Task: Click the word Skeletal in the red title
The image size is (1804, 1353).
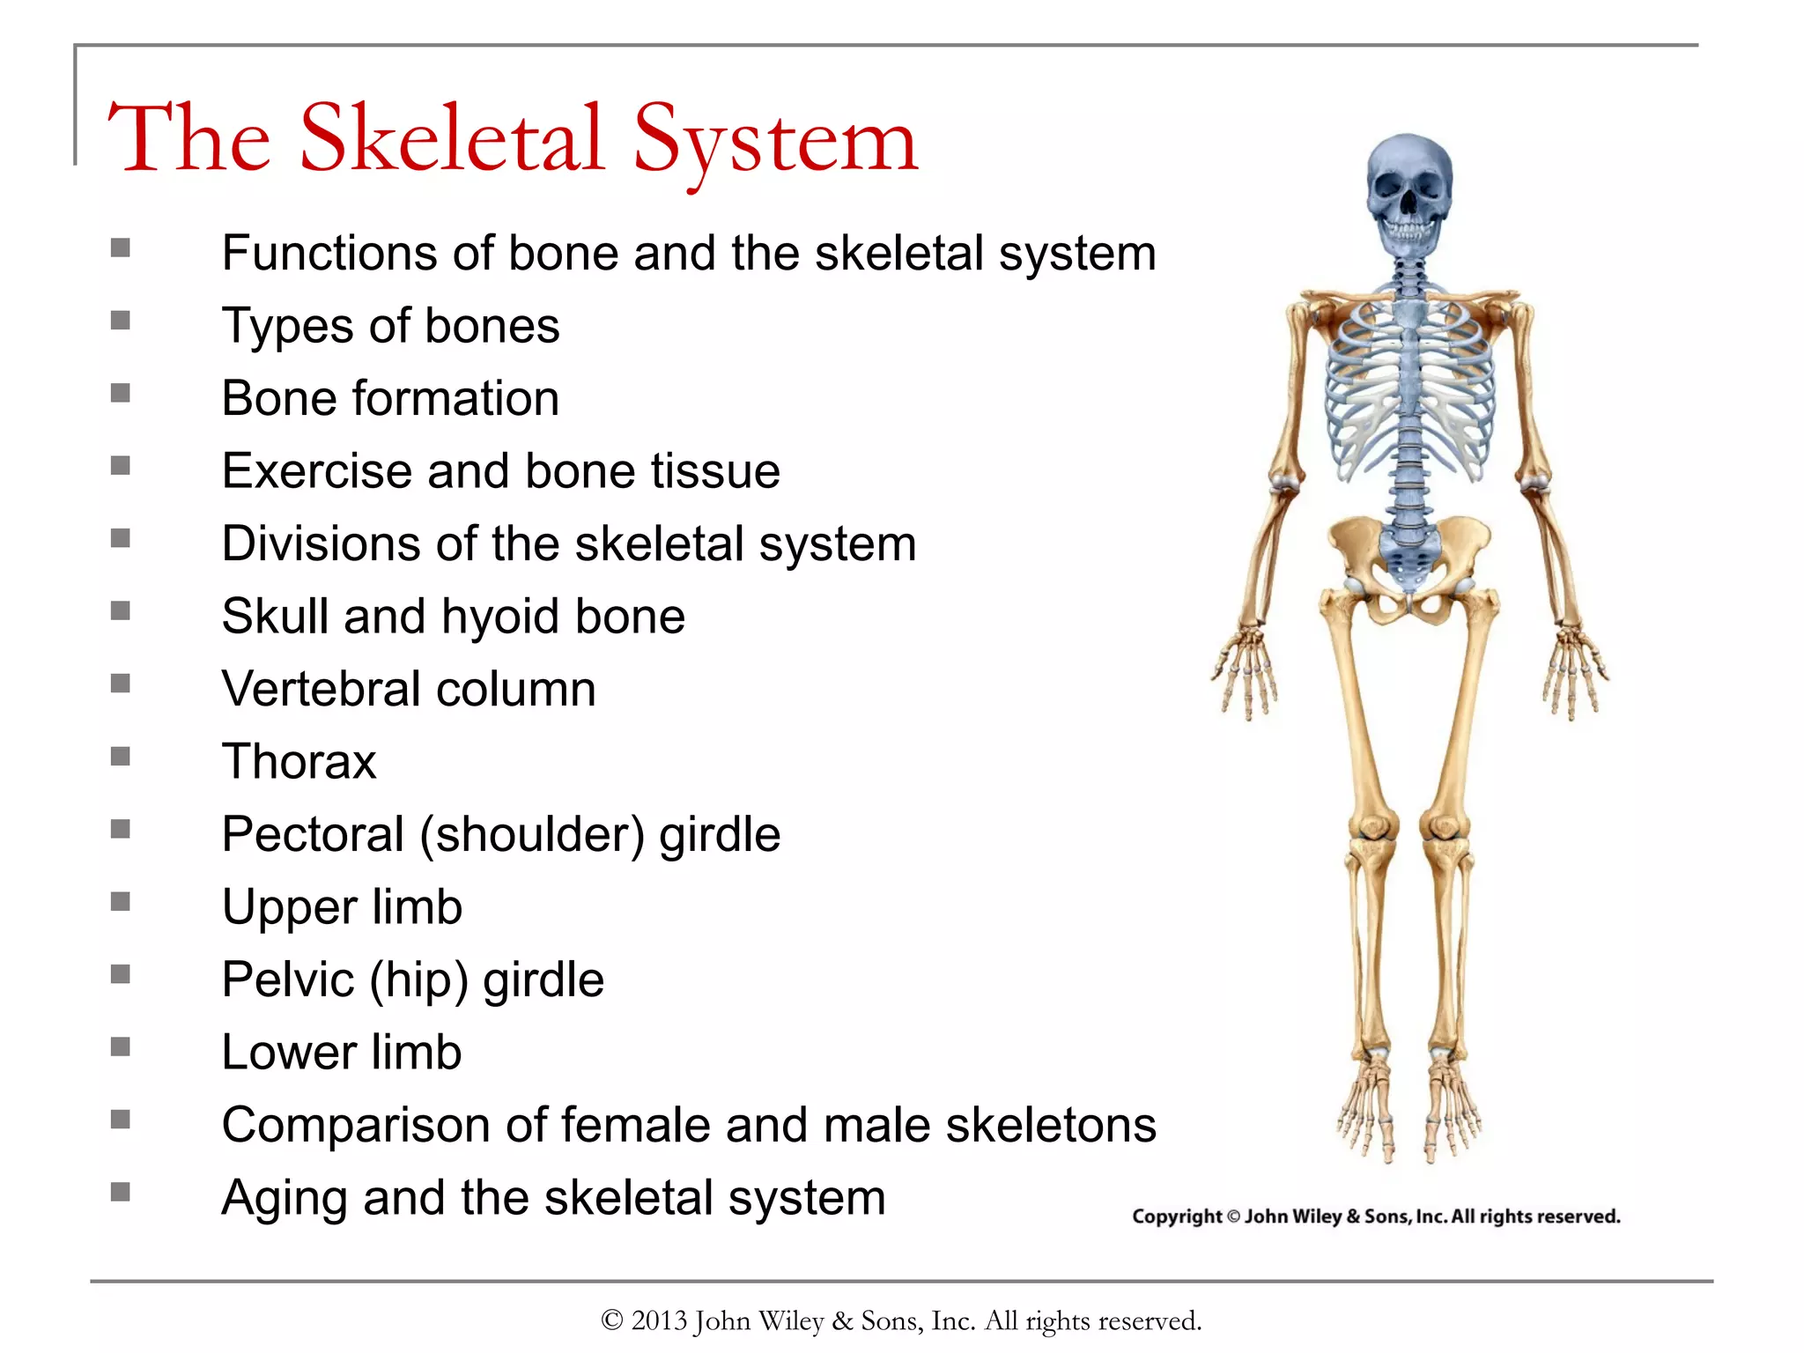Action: (451, 138)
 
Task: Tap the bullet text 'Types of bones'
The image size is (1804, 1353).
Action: (390, 326)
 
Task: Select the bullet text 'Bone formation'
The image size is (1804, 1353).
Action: (390, 398)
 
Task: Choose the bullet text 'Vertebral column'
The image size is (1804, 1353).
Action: (409, 689)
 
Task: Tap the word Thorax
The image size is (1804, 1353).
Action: (299, 761)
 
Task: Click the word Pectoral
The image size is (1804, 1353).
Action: (313, 834)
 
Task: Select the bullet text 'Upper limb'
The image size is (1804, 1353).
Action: (342, 907)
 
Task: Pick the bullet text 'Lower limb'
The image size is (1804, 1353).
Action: (342, 1053)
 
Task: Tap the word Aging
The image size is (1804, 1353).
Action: (284, 1199)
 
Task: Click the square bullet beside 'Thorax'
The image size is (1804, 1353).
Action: (121, 756)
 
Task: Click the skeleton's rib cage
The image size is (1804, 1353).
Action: (1410, 388)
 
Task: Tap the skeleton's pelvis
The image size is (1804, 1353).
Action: (1410, 564)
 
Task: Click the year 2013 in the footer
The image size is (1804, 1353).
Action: (658, 1320)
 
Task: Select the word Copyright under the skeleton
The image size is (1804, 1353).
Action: (1177, 1216)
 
